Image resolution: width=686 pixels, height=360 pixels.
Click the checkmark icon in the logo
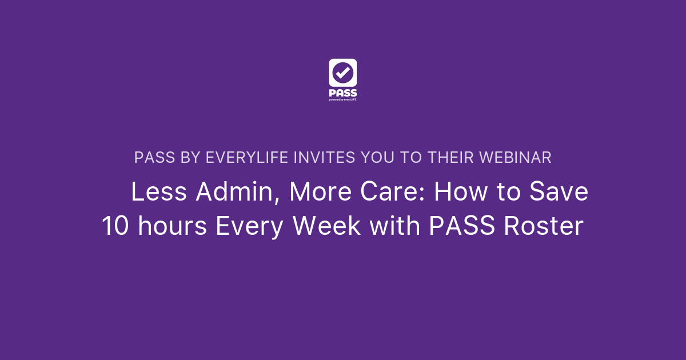[x=343, y=73]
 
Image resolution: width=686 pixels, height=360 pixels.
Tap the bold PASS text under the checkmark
[x=343, y=93]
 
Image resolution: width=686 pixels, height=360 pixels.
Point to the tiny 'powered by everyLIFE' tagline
[x=343, y=99]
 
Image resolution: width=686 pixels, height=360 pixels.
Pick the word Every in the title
[x=250, y=226]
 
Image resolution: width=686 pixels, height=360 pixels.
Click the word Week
[x=326, y=226]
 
